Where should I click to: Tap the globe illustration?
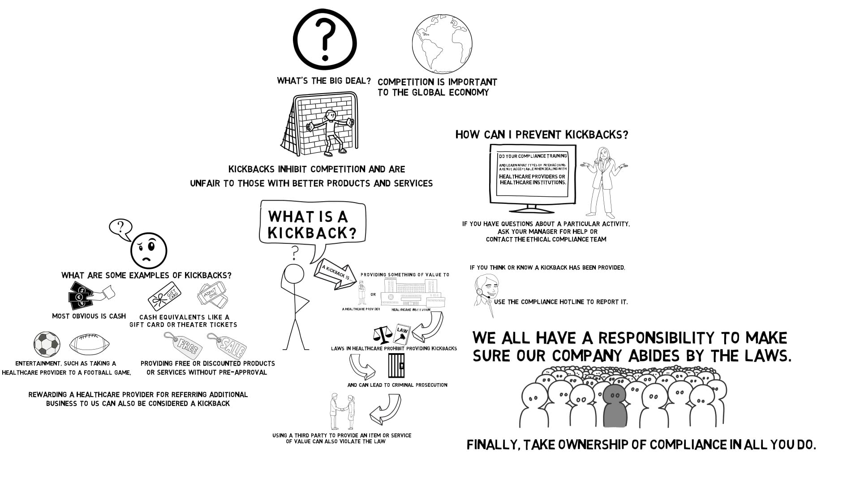point(442,43)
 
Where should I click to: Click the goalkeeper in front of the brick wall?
point(330,132)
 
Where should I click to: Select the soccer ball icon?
point(47,345)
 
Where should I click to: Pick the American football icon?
point(90,345)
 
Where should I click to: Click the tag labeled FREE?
point(183,345)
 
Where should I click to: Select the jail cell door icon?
point(396,365)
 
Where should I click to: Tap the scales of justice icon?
point(382,334)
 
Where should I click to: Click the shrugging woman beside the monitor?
point(603,179)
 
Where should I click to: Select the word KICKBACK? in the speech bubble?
point(312,233)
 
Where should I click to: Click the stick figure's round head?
point(294,274)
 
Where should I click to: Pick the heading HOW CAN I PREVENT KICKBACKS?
point(542,134)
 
